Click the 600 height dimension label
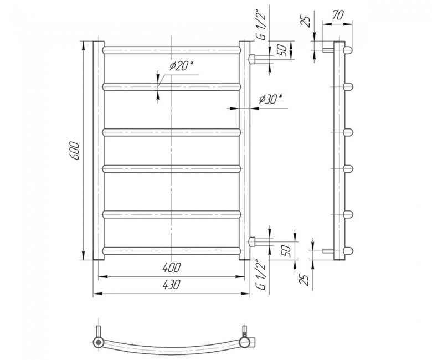pos(74,151)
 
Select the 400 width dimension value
pos(171,267)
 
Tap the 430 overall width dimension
pos(171,284)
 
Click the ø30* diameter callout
pos(271,99)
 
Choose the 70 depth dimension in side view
pos(337,15)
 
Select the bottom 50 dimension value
pos(286,250)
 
